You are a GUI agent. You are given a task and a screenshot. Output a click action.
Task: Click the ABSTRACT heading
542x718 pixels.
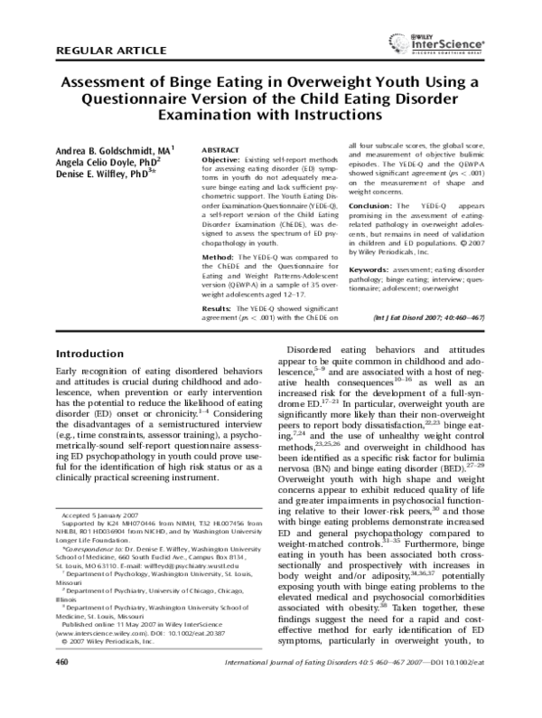point(220,147)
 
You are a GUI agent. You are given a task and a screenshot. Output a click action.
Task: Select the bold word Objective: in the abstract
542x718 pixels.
point(221,159)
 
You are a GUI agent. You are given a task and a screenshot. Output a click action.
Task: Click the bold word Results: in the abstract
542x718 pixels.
point(218,308)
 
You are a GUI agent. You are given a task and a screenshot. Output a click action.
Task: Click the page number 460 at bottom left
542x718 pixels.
point(62,688)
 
